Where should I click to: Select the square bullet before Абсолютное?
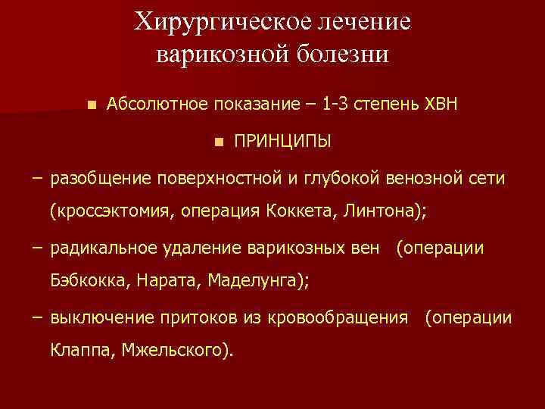[x=92, y=104]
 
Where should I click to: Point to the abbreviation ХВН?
[x=438, y=104]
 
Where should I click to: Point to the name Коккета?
[x=297, y=211]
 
